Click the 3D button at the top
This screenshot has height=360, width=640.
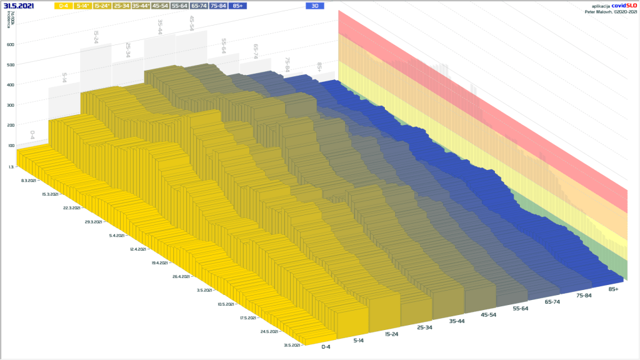coord(315,6)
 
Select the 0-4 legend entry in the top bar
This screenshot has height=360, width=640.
coord(62,6)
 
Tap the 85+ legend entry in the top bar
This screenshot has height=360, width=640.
coord(237,6)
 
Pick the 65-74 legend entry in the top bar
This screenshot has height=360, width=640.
coord(199,6)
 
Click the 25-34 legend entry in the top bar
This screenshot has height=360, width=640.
coord(121,6)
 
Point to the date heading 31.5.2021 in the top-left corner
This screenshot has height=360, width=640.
coord(19,6)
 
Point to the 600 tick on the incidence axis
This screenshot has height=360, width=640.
coord(11,44)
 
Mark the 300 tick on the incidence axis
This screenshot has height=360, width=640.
coord(11,105)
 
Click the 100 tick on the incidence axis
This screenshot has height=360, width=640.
coord(11,146)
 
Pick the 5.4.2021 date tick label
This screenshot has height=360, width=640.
coord(117,236)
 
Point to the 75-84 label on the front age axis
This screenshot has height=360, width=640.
coord(583,296)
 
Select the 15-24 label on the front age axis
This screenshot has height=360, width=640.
coord(392,334)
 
